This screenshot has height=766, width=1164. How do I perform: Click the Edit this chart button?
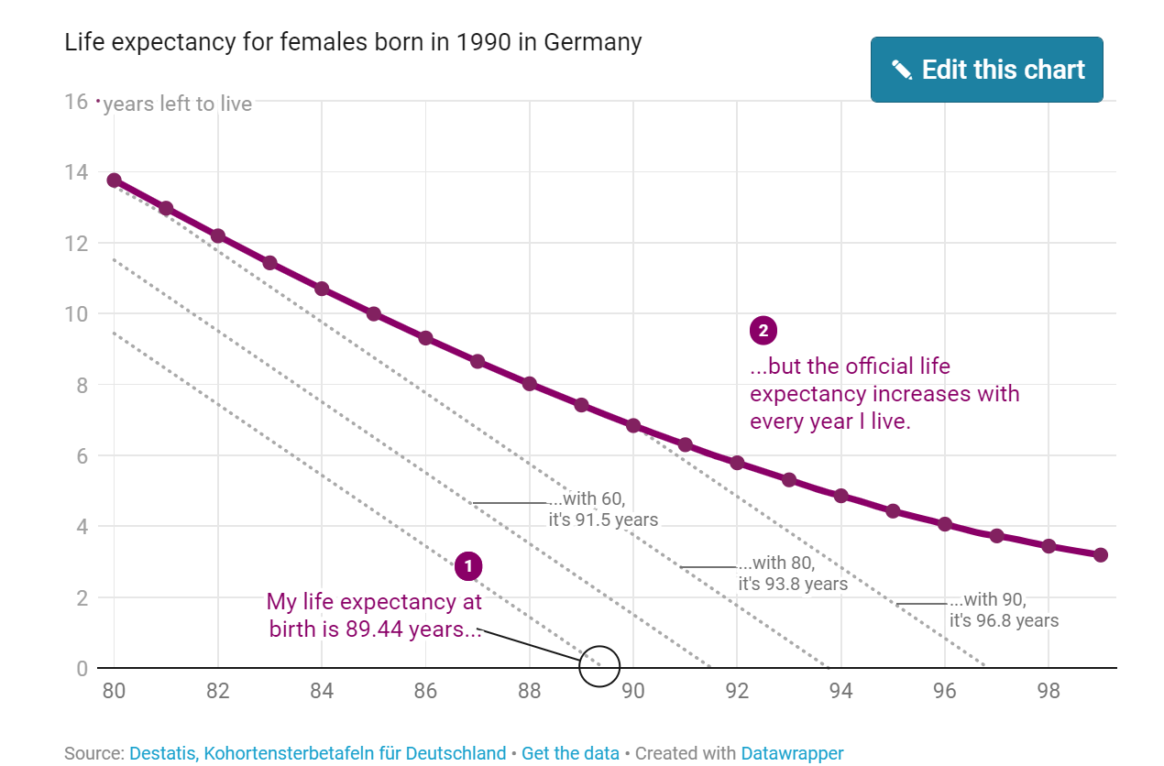(x=986, y=70)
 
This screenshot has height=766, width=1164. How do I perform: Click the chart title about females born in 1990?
(x=353, y=42)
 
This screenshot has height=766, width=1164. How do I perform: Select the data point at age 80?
(x=114, y=181)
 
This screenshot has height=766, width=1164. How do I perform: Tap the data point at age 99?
(x=1101, y=555)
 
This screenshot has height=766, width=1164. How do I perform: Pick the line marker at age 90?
(x=633, y=426)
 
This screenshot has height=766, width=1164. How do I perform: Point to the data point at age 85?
(x=374, y=313)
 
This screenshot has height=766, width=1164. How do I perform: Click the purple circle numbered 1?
(x=468, y=566)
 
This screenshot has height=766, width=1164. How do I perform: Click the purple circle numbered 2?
(x=763, y=331)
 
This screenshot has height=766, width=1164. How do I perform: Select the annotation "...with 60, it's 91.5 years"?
(x=602, y=509)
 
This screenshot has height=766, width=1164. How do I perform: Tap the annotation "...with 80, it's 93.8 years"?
(x=792, y=574)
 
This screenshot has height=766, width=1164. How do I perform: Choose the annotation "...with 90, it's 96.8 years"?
(x=1003, y=610)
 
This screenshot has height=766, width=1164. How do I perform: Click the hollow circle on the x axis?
(x=599, y=667)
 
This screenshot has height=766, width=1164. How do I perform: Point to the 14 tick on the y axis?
(x=76, y=172)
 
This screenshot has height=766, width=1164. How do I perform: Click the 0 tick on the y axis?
(x=82, y=669)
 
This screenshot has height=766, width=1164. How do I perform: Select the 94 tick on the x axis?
(x=840, y=691)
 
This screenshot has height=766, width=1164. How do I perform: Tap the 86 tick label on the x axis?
(x=425, y=691)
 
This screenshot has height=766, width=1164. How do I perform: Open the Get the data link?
(x=570, y=753)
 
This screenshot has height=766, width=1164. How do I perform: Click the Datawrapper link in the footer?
(x=792, y=753)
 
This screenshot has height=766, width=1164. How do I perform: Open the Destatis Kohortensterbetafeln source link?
(x=317, y=753)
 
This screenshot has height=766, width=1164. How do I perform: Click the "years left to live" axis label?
(x=177, y=104)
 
